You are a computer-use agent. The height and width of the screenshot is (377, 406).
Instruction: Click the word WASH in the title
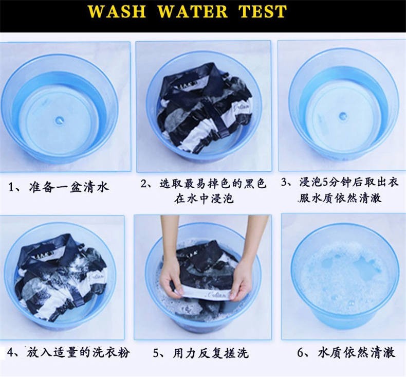tap(117, 11)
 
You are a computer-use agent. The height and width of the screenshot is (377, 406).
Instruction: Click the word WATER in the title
tap(193, 11)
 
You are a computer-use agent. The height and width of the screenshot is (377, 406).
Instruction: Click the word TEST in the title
tap(263, 11)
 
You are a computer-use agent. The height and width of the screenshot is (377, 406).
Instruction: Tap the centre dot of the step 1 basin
tap(60, 120)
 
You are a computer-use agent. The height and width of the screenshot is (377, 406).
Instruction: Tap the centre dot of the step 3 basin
tap(343, 115)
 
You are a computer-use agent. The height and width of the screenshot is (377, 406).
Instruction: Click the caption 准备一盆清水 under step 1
tap(69, 187)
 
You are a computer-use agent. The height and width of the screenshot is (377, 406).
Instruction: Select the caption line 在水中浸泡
tap(204, 199)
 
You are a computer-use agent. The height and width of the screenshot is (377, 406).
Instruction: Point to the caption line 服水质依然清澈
tap(340, 198)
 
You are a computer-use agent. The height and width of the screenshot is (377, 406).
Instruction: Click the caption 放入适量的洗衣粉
tap(78, 353)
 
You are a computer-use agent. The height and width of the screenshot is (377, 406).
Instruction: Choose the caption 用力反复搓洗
tap(211, 353)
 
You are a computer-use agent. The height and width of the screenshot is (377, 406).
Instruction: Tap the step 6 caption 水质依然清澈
tap(357, 353)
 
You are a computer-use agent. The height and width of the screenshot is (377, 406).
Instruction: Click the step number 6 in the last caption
tap(300, 353)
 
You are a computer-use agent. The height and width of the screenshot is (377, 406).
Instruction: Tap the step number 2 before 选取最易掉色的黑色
tap(144, 184)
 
